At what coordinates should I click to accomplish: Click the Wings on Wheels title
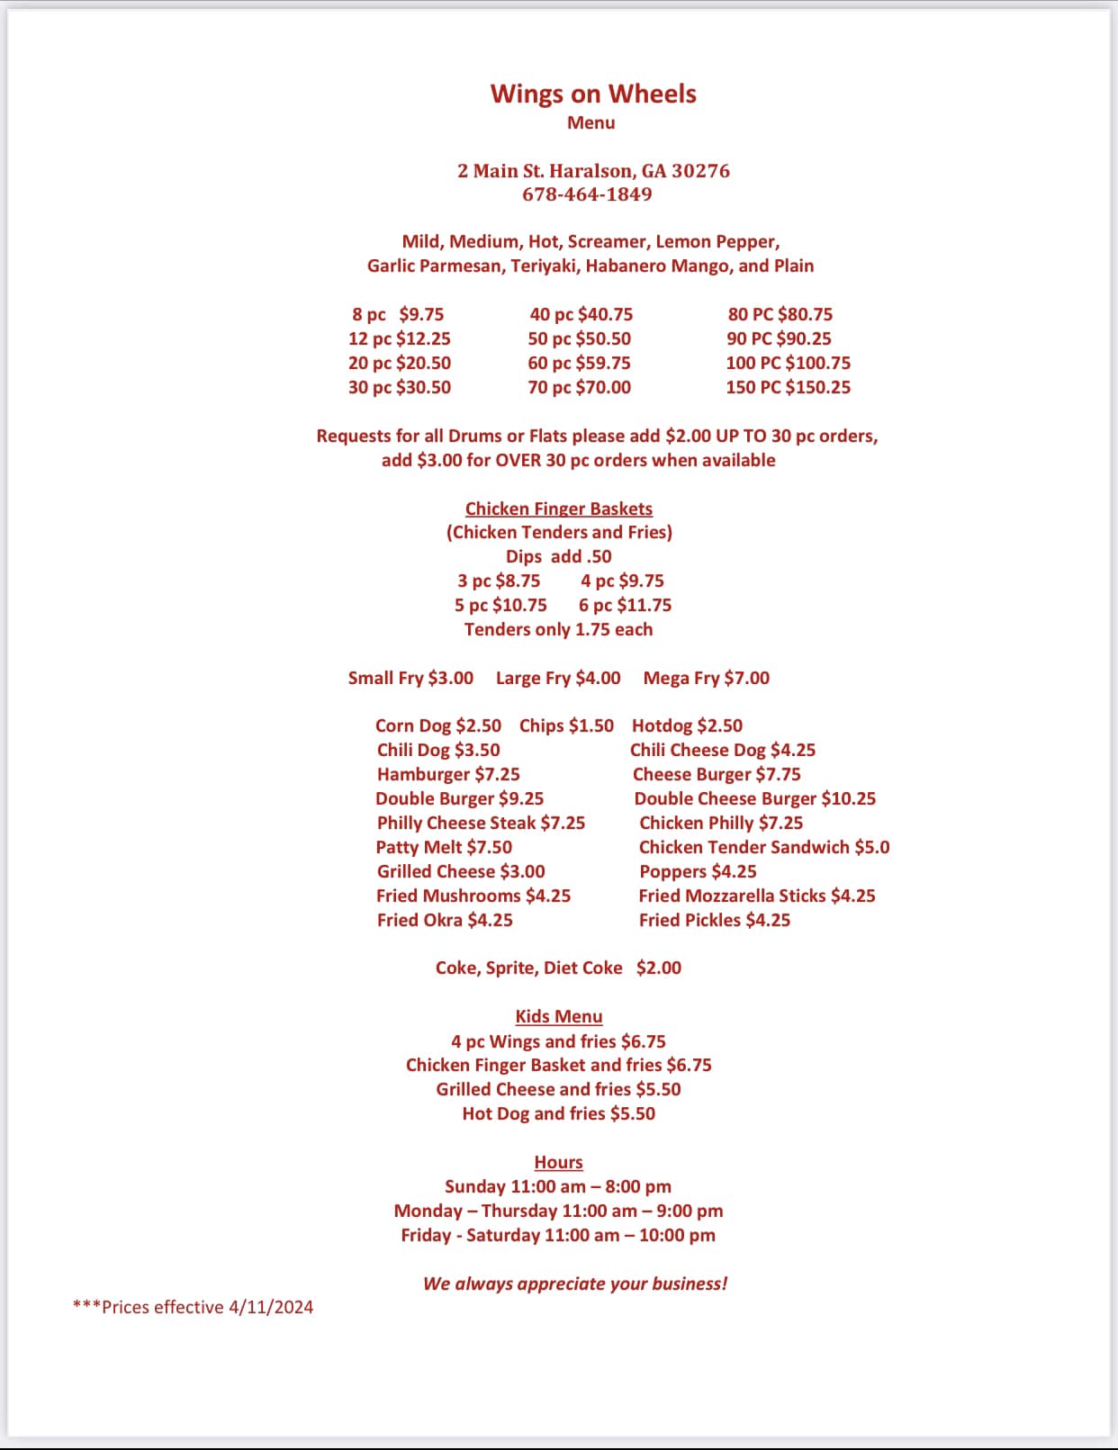click(593, 94)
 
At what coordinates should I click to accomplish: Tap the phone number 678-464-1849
click(587, 194)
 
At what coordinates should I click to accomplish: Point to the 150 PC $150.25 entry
click(788, 387)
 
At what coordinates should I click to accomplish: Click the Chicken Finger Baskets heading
click(558, 509)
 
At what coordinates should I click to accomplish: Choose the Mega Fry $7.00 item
click(706, 678)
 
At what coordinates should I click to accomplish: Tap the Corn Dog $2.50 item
click(437, 725)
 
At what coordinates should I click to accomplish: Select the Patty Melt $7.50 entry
click(444, 847)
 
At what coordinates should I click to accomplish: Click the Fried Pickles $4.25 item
click(714, 920)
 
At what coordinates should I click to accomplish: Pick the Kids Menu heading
click(558, 1016)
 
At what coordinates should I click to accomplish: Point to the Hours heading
click(558, 1162)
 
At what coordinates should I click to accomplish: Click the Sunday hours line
click(558, 1186)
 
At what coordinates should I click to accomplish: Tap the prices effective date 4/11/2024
click(270, 1307)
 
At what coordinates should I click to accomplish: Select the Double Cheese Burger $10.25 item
click(754, 798)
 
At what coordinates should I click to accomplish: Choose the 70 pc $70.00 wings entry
click(579, 387)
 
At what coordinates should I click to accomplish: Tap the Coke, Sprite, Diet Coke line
click(558, 968)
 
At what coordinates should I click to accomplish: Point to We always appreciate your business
click(575, 1283)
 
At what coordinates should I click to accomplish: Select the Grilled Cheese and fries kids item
click(558, 1089)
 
